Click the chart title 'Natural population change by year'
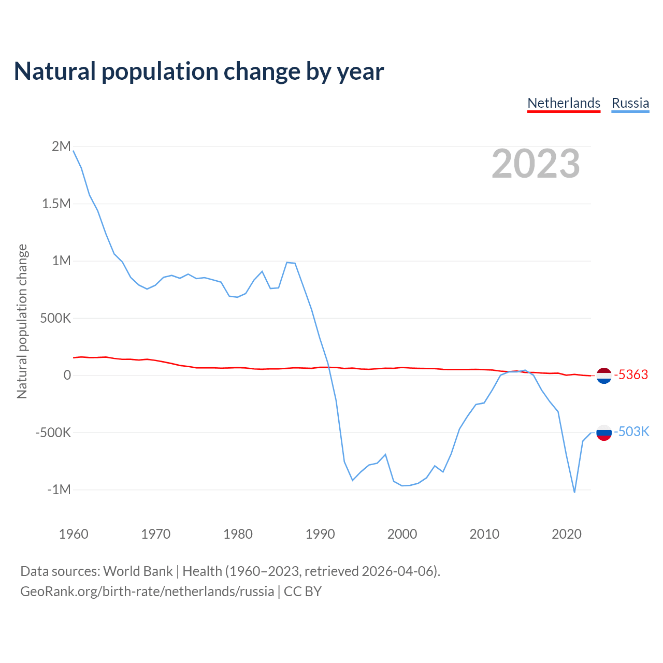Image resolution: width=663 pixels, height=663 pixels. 199,71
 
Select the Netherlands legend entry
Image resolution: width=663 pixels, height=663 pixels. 564,103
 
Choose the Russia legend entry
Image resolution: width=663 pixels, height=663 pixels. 630,103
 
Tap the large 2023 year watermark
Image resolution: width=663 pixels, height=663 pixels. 536,164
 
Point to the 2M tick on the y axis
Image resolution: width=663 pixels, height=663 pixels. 61,147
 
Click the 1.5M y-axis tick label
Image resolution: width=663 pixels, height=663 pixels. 56,204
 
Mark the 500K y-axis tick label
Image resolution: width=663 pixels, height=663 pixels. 55,318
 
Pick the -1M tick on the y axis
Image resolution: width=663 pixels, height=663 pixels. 59,489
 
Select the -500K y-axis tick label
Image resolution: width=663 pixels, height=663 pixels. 53,433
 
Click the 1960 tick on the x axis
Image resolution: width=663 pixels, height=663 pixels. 74,534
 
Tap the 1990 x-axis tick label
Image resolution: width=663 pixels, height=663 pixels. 320,534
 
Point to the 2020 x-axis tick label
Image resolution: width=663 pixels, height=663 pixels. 567,534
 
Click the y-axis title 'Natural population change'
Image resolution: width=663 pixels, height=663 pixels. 22,322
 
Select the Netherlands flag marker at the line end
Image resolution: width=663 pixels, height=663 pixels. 604,375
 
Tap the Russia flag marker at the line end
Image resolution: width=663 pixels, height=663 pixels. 604,432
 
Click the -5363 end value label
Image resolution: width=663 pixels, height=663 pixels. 631,374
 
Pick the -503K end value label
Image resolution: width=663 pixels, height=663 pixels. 631,431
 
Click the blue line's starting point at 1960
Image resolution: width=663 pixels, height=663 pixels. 74,151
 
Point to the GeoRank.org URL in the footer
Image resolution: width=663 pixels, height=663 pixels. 147,592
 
